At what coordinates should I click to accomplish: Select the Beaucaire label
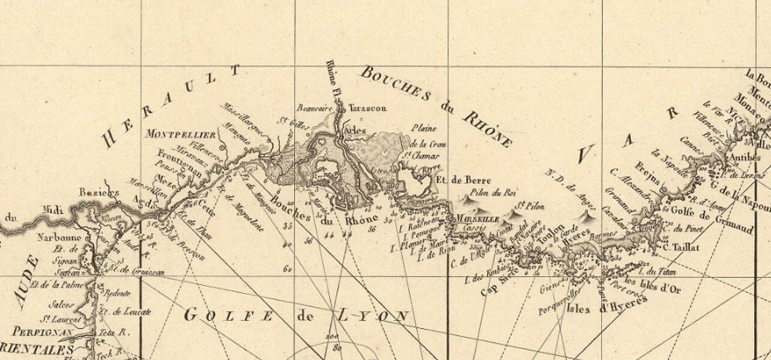(x=315, y=108)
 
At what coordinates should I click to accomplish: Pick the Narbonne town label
(x=64, y=238)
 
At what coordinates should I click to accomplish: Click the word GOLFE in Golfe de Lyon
(x=229, y=315)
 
